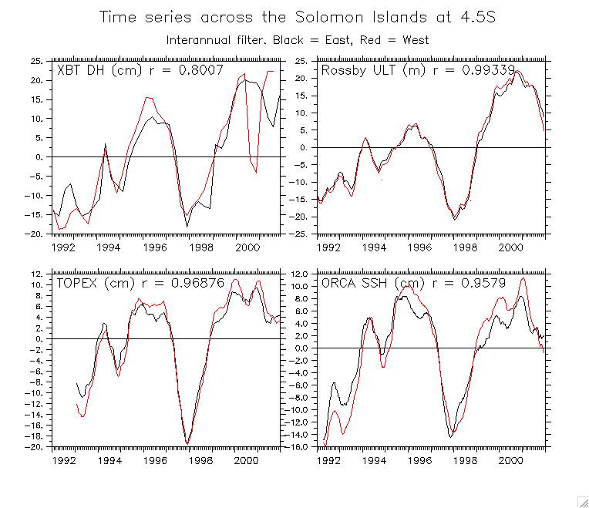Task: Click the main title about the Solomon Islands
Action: pos(297,17)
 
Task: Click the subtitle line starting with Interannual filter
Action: pos(297,39)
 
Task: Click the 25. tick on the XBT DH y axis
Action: pos(36,60)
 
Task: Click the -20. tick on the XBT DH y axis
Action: pos(34,234)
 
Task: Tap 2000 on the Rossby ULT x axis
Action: pos(510,247)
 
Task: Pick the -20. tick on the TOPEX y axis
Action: pos(34,447)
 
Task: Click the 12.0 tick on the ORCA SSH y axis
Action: pos(299,274)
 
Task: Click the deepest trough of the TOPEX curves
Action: pos(187,443)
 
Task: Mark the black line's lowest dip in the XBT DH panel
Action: pos(187,226)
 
